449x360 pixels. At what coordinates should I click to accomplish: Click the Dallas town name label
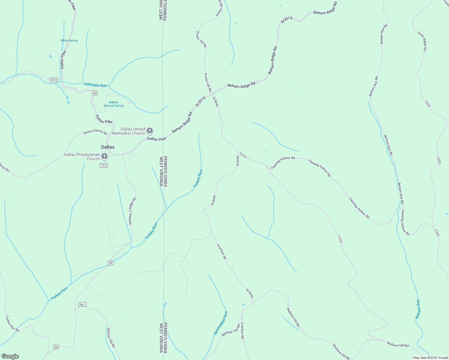point(108,147)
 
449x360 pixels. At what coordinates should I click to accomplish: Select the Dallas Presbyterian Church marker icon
point(104,156)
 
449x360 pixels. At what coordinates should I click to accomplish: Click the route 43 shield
point(95,93)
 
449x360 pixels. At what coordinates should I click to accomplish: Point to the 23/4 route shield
point(54,80)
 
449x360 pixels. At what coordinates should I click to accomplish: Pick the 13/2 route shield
point(104,165)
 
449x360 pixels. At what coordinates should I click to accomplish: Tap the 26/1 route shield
point(82,304)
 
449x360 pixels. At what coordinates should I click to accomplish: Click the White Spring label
point(69,40)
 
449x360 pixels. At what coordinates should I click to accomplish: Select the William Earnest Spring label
point(113,104)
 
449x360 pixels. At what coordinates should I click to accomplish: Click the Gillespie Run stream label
point(95,85)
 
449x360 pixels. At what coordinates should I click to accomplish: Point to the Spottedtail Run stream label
point(221,323)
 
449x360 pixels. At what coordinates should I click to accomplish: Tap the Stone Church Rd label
point(95,132)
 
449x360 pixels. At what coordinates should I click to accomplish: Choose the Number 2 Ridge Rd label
point(132,211)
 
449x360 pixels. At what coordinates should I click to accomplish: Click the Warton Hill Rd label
point(111,337)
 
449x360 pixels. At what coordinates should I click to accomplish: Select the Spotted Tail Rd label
point(231,330)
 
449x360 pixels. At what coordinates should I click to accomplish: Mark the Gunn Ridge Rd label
point(422,41)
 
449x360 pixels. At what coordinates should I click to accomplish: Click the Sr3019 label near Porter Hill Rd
point(200,101)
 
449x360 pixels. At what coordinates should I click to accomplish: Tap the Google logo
point(10,356)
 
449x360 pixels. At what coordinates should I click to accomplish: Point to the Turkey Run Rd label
point(12,323)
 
